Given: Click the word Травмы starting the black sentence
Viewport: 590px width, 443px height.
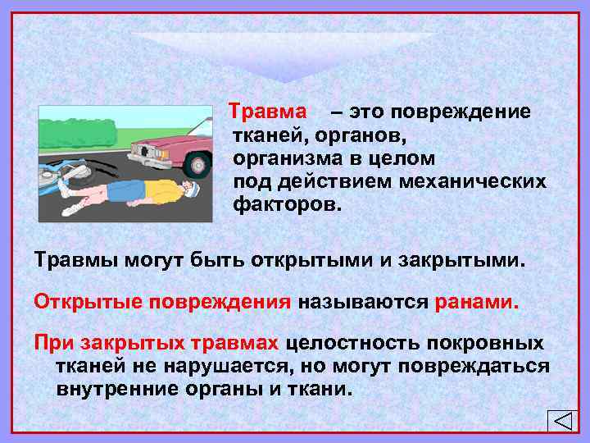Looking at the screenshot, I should click(73, 260).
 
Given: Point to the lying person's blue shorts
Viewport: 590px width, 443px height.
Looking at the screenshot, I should click(120, 191).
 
